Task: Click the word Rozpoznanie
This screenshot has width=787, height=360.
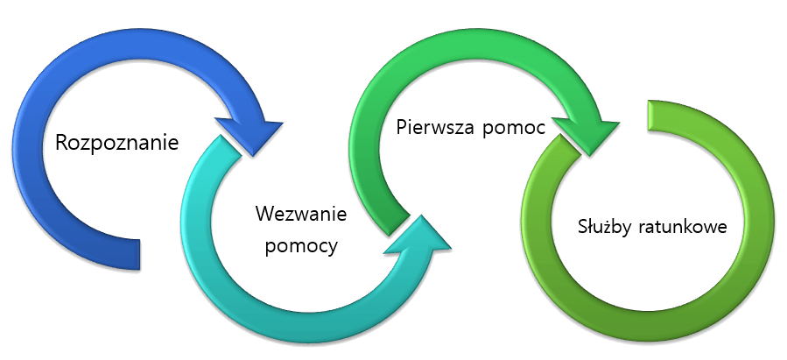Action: coord(116,141)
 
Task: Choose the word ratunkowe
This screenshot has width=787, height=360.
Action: coord(688,227)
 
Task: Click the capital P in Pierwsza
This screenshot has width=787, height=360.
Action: coord(401,127)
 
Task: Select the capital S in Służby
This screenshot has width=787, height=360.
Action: coord(582,227)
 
